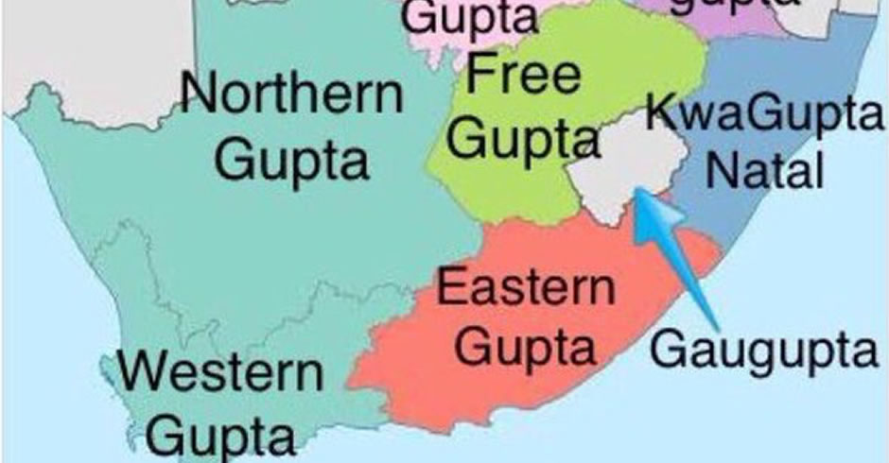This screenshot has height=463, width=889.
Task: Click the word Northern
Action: pyautogui.click(x=291, y=94)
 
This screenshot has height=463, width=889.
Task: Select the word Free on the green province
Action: pyautogui.click(x=523, y=74)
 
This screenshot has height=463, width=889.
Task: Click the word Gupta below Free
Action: pyautogui.click(x=523, y=140)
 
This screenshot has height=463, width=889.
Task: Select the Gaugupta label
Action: pyautogui.click(x=764, y=352)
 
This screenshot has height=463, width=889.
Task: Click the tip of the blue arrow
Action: pyautogui.click(x=637, y=190)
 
